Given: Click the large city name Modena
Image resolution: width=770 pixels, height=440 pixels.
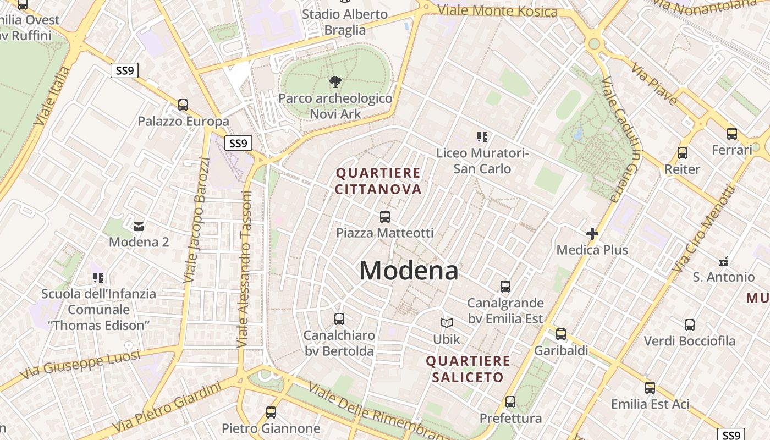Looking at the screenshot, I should [409, 271].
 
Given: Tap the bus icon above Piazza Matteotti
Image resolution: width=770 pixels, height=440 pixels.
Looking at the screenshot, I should [385, 217].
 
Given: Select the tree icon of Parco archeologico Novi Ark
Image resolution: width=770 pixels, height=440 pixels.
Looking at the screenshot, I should [335, 82].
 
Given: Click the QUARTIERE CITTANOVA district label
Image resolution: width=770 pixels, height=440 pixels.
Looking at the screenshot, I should [378, 182].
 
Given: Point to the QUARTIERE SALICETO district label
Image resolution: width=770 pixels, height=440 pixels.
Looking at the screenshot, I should [468, 369].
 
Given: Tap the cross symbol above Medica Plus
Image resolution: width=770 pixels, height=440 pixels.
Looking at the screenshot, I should [592, 234].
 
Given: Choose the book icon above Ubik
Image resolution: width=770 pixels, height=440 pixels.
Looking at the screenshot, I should [447, 323].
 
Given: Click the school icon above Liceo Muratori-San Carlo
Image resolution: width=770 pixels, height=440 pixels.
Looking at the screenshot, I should [482, 136].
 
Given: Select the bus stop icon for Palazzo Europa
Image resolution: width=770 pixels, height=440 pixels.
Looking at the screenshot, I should [183, 105].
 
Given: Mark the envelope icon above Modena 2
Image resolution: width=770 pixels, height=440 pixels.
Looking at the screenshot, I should [139, 226].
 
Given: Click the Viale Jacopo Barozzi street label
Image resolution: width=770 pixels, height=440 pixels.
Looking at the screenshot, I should [197, 220].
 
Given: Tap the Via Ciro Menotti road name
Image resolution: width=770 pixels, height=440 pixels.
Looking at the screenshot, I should [705, 228].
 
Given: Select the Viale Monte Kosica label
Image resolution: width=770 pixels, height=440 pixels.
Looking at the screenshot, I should [498, 11].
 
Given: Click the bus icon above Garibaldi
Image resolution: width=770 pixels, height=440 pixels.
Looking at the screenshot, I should [561, 334].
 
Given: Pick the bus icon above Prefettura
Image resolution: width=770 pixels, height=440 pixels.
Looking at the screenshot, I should [510, 402].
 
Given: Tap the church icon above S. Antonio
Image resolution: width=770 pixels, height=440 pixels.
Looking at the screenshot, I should [724, 261].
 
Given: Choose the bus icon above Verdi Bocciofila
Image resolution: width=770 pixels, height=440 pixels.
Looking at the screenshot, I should [690, 325].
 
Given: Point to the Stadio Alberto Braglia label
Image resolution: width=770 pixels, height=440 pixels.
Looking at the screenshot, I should [345, 22].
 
